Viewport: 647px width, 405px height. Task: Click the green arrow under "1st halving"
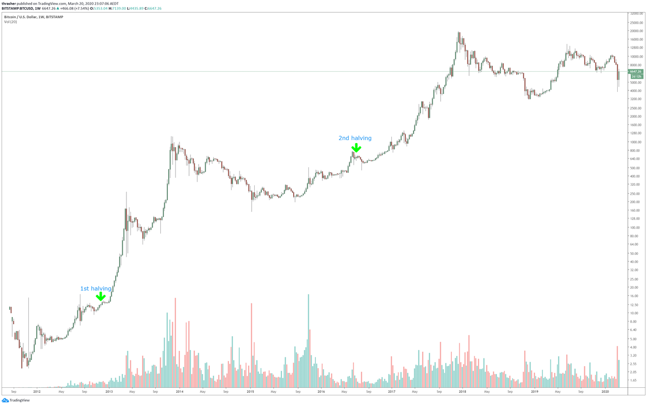(101, 297)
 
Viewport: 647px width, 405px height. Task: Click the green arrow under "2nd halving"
(356, 148)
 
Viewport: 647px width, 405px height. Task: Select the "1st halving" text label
(96, 289)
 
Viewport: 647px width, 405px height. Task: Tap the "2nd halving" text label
(355, 138)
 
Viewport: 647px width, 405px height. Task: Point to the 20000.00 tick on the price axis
(635, 31)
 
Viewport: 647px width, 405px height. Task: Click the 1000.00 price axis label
(634, 142)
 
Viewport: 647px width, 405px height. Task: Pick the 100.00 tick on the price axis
(634, 228)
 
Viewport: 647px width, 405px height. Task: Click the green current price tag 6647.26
(635, 72)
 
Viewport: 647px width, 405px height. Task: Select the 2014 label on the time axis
(179, 391)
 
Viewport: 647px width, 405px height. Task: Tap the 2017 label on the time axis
(392, 391)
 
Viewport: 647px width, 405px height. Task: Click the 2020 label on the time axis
(605, 391)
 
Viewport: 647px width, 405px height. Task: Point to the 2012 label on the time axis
(37, 391)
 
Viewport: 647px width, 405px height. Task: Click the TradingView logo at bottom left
(16, 400)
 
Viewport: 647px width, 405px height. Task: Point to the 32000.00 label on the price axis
(635, 14)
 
